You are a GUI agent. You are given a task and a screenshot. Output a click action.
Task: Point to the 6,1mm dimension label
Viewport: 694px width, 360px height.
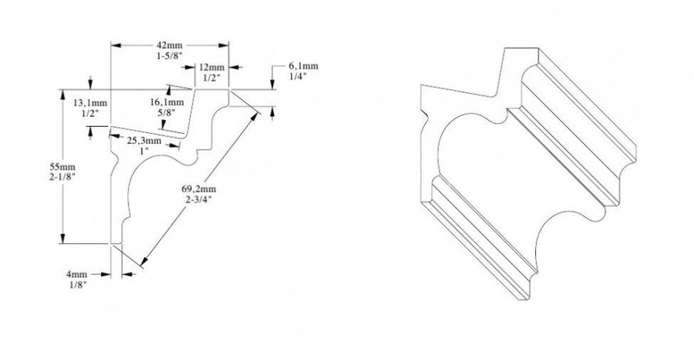point(303,67)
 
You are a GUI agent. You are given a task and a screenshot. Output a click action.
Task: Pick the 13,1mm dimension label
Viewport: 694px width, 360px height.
point(90,103)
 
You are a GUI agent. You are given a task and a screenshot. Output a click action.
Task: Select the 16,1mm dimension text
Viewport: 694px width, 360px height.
point(166,102)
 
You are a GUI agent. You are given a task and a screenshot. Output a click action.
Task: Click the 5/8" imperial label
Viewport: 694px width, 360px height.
point(166,113)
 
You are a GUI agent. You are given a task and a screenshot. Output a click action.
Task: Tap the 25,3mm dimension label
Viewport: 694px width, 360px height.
point(146,142)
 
